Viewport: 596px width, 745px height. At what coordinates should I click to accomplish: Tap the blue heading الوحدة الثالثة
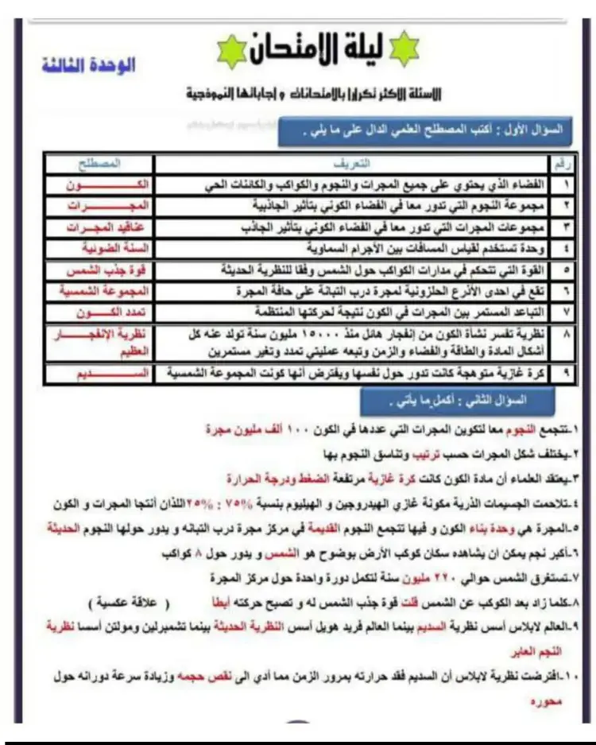pos(88,65)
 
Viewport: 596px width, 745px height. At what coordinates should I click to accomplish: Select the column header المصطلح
pos(99,164)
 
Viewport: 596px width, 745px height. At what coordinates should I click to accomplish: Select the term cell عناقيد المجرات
pos(99,227)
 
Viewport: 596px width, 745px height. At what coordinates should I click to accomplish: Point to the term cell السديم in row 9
pos(100,372)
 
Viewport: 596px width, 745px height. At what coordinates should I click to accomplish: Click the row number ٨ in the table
pos(566,336)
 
